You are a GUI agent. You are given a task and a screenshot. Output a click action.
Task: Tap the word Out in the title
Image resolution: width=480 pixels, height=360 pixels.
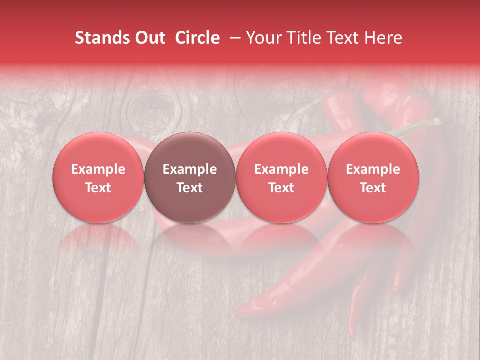(149, 38)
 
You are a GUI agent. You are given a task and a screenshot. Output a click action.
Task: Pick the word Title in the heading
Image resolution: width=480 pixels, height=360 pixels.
(300, 38)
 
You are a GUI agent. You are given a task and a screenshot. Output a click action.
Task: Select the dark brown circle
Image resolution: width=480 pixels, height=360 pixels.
(190, 150)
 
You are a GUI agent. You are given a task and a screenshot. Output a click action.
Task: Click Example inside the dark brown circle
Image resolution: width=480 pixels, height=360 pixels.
(190, 169)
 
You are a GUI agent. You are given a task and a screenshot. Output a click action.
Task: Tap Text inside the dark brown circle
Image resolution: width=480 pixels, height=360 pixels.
(190, 188)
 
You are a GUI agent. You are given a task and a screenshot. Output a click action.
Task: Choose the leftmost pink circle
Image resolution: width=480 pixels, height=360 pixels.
(98, 150)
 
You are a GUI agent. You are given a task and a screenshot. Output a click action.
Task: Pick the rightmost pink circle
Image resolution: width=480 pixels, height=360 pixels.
(373, 150)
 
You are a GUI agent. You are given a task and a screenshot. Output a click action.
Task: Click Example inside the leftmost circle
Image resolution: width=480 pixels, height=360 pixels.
(98, 169)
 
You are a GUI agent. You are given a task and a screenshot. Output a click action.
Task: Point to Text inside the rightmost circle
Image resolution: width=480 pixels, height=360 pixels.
(373, 188)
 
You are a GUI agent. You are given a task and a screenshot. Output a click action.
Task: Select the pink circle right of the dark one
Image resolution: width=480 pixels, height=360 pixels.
(281, 150)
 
